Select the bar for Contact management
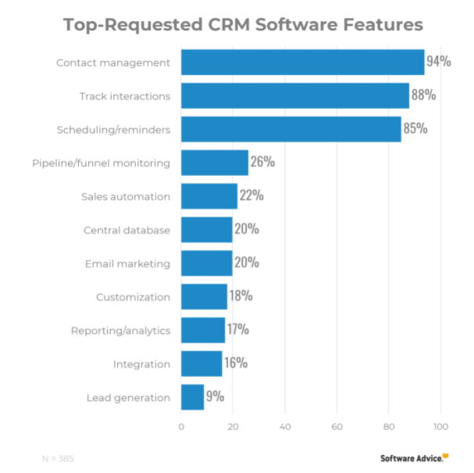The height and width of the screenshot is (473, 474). click(302, 62)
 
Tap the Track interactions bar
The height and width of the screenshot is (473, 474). click(294, 95)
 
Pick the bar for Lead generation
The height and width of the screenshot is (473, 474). click(192, 397)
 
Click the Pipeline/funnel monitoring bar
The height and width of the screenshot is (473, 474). click(214, 163)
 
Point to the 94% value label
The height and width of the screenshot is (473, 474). click(438, 62)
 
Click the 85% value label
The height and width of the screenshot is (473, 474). click(415, 129)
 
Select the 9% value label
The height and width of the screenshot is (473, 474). click(215, 396)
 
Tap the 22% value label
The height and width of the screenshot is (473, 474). click(251, 196)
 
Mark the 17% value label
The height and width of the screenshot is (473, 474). click(238, 330)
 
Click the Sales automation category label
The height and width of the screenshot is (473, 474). click(125, 196)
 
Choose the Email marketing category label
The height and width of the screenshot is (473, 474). click(127, 263)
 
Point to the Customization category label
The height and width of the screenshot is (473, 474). click(133, 297)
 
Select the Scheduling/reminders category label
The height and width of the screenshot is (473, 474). click(113, 129)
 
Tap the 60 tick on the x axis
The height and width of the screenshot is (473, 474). click(337, 427)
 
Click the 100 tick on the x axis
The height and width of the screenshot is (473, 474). click(440, 427)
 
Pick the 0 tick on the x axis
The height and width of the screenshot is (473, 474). click(181, 427)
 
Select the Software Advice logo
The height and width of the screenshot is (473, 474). click(415, 458)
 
